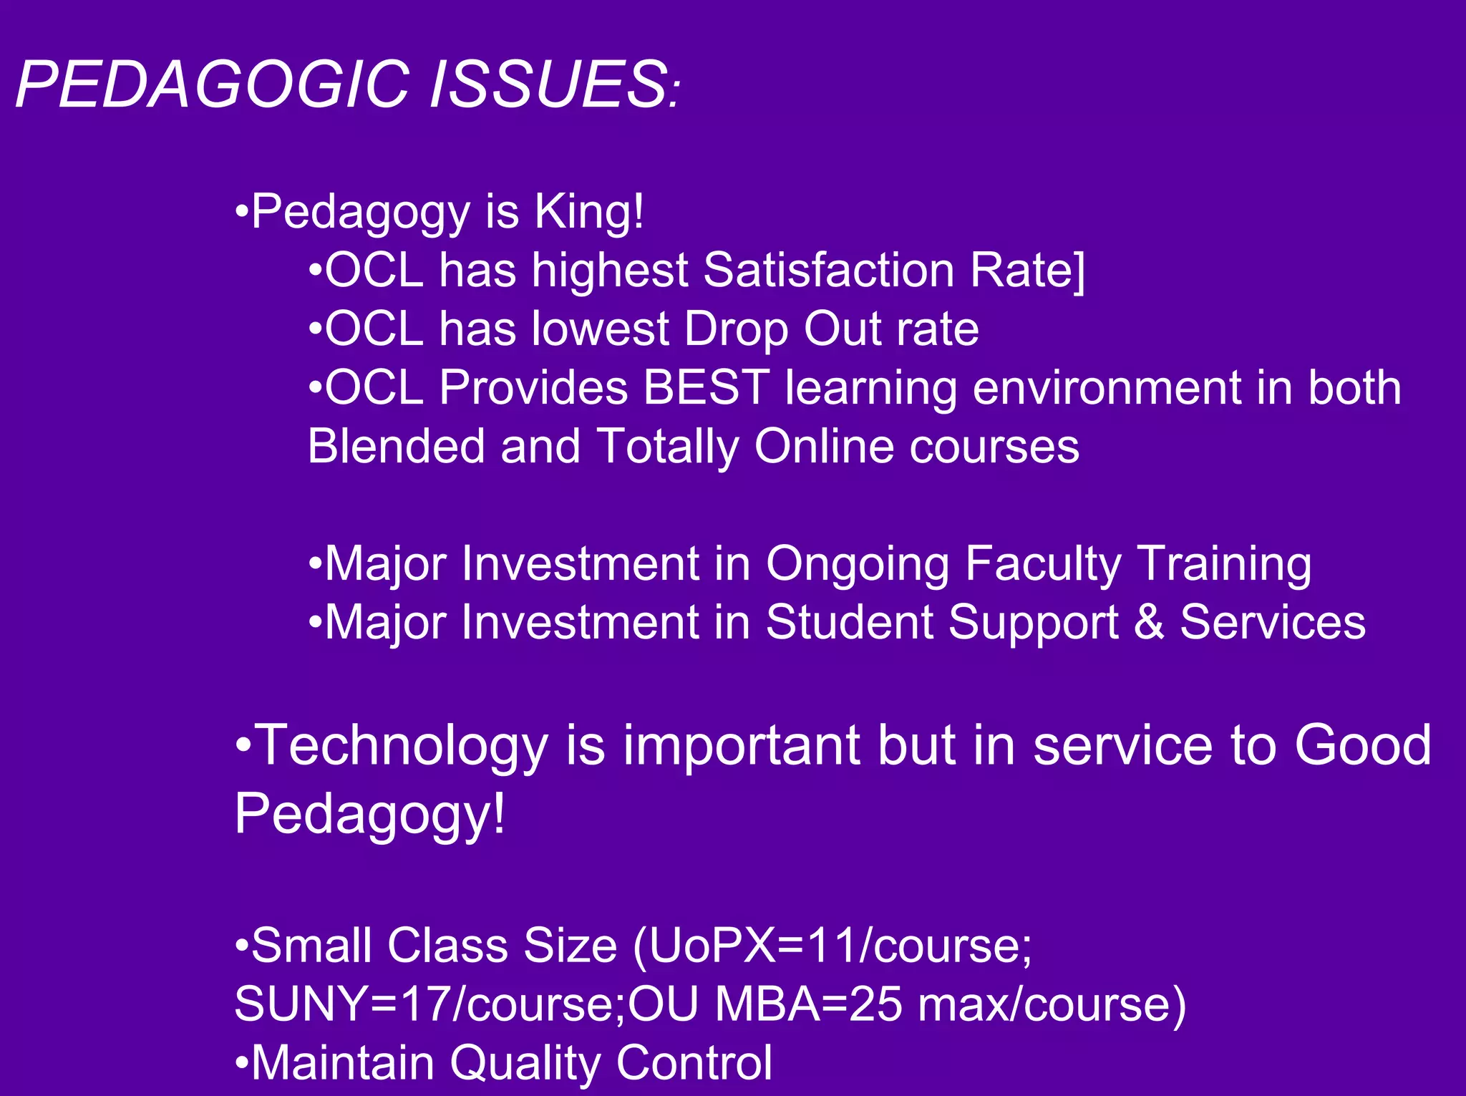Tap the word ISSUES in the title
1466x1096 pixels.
pos(548,84)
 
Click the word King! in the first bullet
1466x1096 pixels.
pos(589,212)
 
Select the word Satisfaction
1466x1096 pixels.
pos(829,271)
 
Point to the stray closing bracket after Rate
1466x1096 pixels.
pos(1079,272)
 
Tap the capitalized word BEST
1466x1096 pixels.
pos(706,388)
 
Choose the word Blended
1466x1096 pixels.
pos(396,447)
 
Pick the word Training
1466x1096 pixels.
pos(1225,565)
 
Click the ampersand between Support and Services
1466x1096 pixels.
pos(1149,622)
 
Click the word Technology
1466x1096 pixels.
pos(402,747)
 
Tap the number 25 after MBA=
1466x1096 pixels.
pos(878,1004)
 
